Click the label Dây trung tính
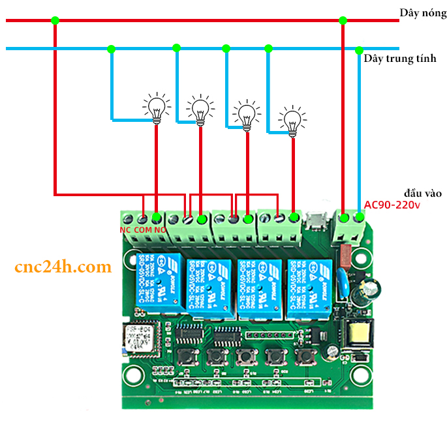399,59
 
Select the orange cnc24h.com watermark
63,267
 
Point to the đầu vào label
423,193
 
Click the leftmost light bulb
156,108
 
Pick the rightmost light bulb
292,121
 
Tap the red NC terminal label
126,230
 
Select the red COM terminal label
142,230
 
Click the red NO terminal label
159,230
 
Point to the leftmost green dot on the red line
55,20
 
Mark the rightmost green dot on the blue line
359,50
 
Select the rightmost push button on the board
304,356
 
